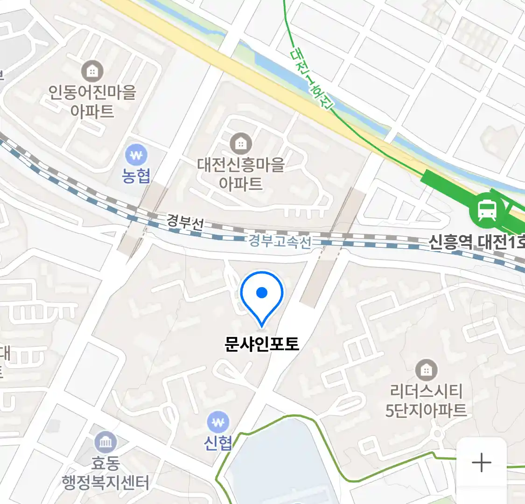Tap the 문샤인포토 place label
pos(261,344)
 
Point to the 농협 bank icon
pos(136,155)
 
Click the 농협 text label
pos(136,175)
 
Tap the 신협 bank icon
pos(217,423)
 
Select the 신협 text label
pos(218,442)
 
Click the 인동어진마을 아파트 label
pos(92,101)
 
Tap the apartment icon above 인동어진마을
pos(92,71)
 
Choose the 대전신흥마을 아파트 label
pos(241,174)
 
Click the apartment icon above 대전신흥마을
pos(241,143)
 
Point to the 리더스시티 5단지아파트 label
pos(426,400)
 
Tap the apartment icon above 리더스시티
pos(426,371)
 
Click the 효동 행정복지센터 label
pos(106,472)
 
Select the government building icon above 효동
pos(105,442)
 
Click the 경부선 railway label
pos(185,222)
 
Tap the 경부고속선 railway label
pos(279,241)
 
